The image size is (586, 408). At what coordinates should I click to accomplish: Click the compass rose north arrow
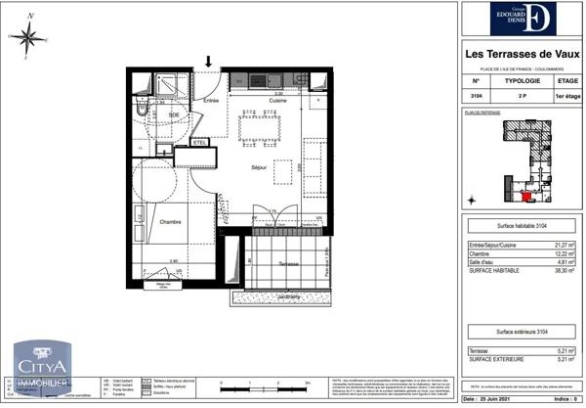[x=28, y=38]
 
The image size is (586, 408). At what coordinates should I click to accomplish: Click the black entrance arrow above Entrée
[x=208, y=64]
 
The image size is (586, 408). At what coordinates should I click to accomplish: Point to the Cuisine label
[x=277, y=101]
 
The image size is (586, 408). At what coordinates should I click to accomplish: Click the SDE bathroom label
[x=173, y=115]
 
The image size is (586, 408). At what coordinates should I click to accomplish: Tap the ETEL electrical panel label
[x=200, y=143]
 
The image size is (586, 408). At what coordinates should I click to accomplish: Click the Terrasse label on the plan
[x=287, y=264]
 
